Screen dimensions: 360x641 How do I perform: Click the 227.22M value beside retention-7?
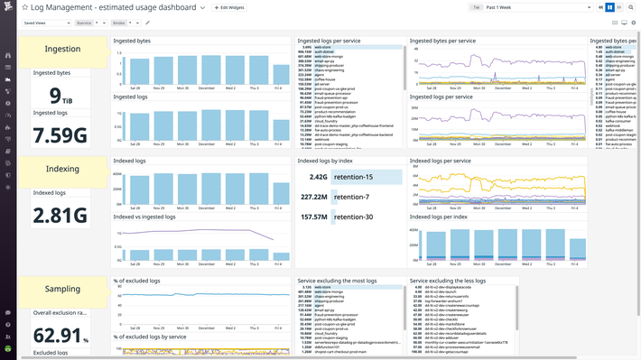[313, 197]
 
